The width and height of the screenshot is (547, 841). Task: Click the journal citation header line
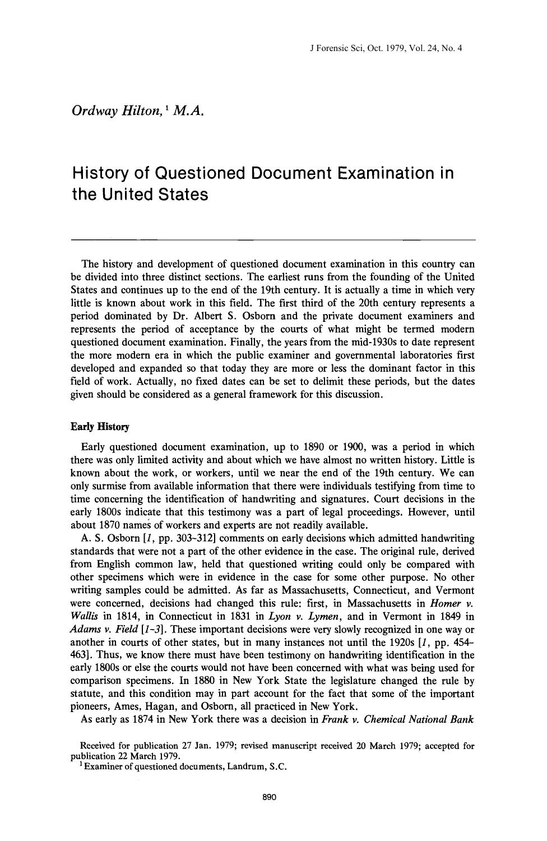click(386, 48)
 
